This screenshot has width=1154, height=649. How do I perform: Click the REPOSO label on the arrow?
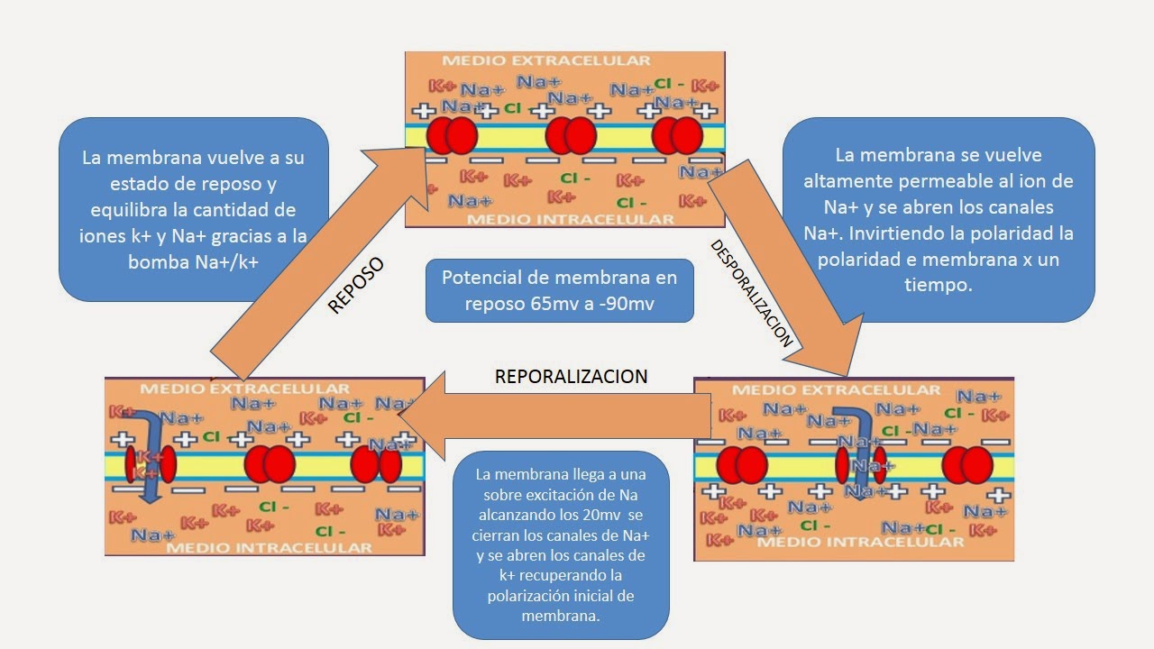point(355,286)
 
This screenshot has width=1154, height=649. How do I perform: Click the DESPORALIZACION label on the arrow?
point(751,294)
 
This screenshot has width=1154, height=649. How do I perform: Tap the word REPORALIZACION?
point(571,377)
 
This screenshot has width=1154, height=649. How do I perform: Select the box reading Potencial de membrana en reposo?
point(559,290)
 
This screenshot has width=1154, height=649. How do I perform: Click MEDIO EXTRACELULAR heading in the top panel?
point(545,60)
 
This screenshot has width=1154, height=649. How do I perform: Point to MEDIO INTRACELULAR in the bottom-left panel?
point(270,547)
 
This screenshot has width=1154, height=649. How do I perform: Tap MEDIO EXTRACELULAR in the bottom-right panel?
point(836,390)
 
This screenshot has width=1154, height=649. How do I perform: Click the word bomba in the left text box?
point(156,261)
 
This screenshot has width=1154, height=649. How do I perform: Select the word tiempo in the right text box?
point(938,285)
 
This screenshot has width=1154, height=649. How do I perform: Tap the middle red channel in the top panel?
point(571,136)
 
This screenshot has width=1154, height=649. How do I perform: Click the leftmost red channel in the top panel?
point(451,136)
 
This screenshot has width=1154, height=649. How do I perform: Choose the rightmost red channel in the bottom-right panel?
point(967,465)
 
